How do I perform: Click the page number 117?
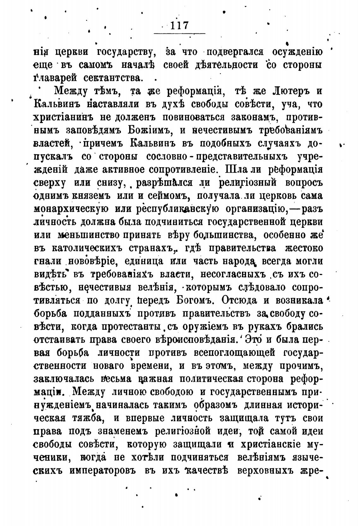179,25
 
